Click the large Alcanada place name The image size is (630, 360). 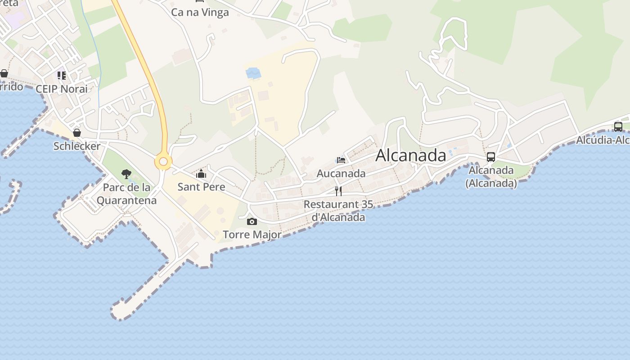410,155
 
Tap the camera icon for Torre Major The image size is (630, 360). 252,221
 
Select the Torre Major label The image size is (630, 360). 252,234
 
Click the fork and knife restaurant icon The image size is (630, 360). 338,191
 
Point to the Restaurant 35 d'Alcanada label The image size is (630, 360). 338,211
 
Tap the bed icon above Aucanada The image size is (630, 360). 341,160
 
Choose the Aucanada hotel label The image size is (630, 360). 341,173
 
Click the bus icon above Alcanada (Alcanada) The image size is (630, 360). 491,157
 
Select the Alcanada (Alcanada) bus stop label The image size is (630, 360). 491,177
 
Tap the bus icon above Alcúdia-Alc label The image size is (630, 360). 618,126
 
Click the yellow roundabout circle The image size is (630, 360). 163,162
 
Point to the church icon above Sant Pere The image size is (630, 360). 201,173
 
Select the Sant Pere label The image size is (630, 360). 201,186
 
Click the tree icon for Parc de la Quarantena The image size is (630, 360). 126,174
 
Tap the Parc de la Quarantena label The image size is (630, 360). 126,193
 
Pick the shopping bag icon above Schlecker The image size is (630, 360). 77,133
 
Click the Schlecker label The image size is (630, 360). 77,146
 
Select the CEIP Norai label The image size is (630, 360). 62,89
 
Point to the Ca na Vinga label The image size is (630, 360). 200,12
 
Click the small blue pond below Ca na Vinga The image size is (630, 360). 253,72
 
